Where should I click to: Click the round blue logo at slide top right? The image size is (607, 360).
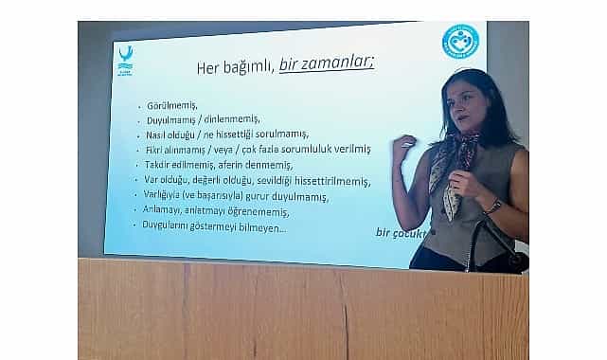pos(460,43)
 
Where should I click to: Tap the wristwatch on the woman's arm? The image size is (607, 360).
pos(493,205)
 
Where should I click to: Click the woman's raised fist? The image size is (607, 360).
pos(404,146)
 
